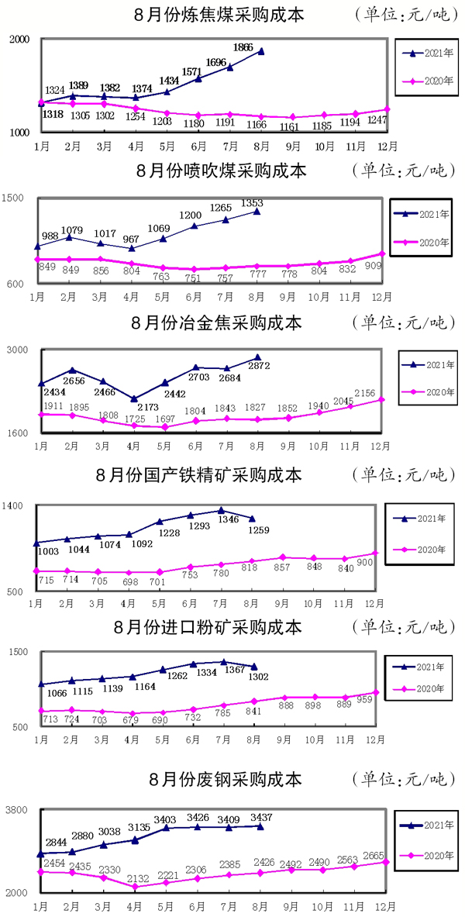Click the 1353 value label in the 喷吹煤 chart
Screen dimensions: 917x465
(253, 203)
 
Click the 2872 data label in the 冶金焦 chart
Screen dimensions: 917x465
(258, 366)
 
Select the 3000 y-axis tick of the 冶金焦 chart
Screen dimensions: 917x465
(19, 350)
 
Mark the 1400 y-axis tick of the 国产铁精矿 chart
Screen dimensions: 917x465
(19, 506)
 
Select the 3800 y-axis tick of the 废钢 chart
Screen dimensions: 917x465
(19, 810)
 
